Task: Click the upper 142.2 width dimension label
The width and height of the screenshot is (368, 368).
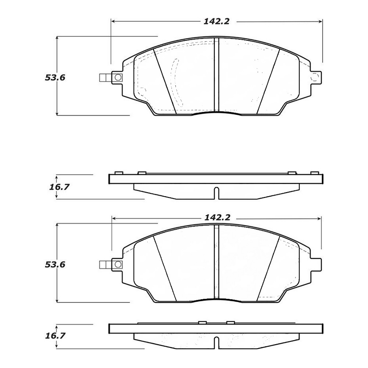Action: tap(216, 22)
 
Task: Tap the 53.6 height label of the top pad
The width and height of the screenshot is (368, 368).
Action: tap(55, 78)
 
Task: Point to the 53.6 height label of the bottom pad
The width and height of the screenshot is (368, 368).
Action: tap(55, 264)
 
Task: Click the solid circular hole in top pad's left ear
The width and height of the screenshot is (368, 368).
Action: tap(118, 78)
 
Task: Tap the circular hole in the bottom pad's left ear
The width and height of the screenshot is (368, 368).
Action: tap(118, 264)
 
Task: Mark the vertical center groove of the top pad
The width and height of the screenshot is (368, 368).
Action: tap(216, 76)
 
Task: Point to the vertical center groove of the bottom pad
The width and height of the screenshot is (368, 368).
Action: tap(216, 263)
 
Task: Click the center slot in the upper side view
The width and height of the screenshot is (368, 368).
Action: tap(216, 193)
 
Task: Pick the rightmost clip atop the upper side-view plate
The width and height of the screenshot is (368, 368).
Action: tap(314, 173)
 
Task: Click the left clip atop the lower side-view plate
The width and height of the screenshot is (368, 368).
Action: tap(202, 322)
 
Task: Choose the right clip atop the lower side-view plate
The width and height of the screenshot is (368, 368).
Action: tap(231, 322)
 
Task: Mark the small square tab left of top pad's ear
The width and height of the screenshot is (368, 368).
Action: tap(104, 78)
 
